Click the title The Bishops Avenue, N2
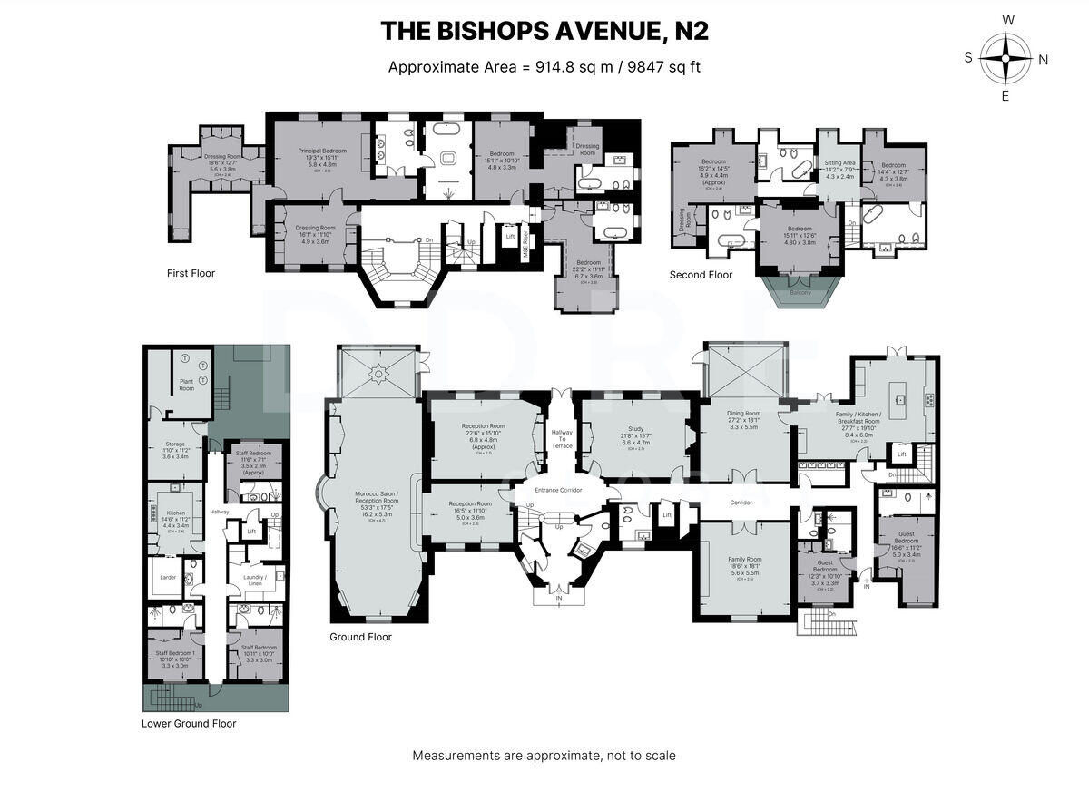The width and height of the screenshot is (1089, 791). tap(544, 31)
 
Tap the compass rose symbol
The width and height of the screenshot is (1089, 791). tap(1006, 58)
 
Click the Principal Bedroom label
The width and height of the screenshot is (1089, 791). tap(322, 151)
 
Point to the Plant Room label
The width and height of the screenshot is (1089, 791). tap(187, 384)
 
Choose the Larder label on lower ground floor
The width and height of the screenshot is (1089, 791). tap(167, 576)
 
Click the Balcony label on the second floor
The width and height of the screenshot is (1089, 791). tap(799, 293)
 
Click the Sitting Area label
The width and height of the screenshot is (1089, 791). tap(839, 163)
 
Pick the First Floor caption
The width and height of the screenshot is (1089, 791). tap(191, 273)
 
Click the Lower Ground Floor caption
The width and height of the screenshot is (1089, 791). tap(189, 723)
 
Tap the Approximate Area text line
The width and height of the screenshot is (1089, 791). tap(544, 66)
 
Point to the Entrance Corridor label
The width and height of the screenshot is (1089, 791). tap(558, 490)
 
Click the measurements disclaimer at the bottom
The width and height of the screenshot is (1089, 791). tap(544, 755)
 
